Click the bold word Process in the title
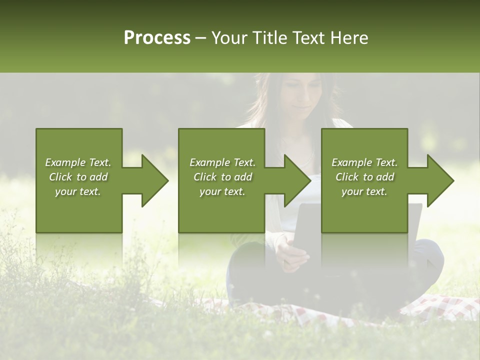tap(157, 38)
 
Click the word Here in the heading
tap(349, 38)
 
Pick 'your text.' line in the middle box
tap(222, 191)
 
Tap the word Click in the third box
tap(347, 177)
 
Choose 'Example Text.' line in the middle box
tap(222, 162)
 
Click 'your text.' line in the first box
tap(78, 191)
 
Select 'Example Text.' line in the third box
tap(364, 162)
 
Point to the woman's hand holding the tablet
tap(295, 252)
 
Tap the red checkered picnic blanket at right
tap(440, 307)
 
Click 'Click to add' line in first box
tap(78, 177)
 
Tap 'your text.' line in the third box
tap(364, 191)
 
